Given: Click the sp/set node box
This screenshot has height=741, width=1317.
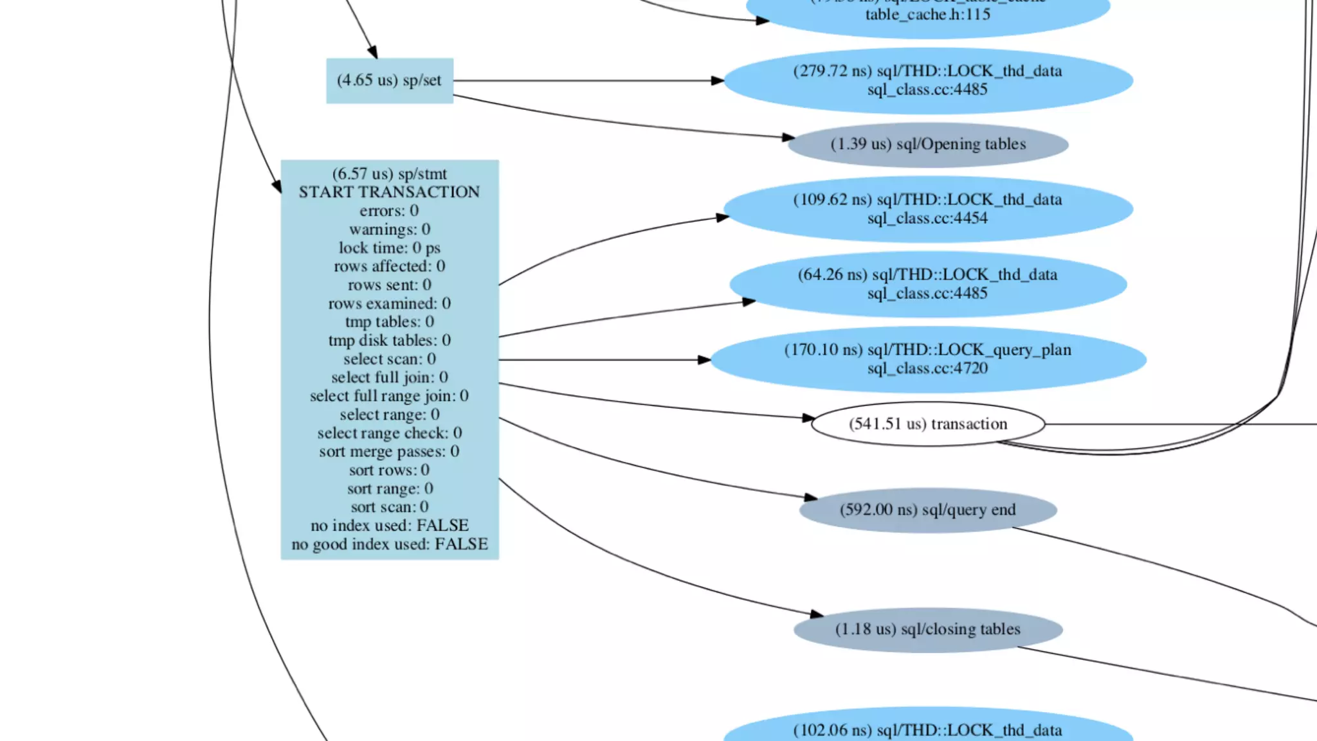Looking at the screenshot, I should point(389,80).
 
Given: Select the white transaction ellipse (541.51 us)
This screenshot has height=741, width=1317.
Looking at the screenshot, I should point(927,424).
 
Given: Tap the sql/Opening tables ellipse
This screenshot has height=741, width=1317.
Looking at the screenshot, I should point(927,145).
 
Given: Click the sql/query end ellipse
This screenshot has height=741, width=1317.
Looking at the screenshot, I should point(927,510).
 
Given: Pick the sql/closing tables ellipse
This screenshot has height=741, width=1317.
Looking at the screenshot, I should point(927,629).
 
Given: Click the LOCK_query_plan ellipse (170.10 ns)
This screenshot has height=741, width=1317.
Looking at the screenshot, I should point(927,359).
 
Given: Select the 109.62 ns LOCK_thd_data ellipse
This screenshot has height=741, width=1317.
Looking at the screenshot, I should point(927,209).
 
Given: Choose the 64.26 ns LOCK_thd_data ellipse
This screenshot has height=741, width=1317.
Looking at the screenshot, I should point(927,284).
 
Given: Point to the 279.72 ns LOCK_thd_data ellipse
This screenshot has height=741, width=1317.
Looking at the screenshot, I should point(927,80).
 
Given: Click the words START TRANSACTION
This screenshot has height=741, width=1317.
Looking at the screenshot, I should point(389,192).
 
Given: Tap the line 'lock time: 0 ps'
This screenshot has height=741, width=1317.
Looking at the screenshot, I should point(389,248).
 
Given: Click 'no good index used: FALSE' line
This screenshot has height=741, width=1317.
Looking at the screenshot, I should point(389,544).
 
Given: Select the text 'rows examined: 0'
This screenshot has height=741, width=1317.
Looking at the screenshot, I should point(389,303).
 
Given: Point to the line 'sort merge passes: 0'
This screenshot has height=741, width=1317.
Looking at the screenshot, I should point(389,452).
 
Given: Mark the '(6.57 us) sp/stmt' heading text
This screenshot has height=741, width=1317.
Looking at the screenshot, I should point(389,174).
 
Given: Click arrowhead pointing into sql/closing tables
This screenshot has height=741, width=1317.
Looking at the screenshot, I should point(817,614).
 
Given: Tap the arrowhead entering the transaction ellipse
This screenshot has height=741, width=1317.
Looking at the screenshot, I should point(809,418).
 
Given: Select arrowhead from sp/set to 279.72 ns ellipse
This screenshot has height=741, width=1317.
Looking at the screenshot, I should point(718,80).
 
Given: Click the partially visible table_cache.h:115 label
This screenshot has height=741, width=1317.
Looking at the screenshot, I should point(927,15).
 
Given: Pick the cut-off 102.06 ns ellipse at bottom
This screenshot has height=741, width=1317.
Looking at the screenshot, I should point(927,730).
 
